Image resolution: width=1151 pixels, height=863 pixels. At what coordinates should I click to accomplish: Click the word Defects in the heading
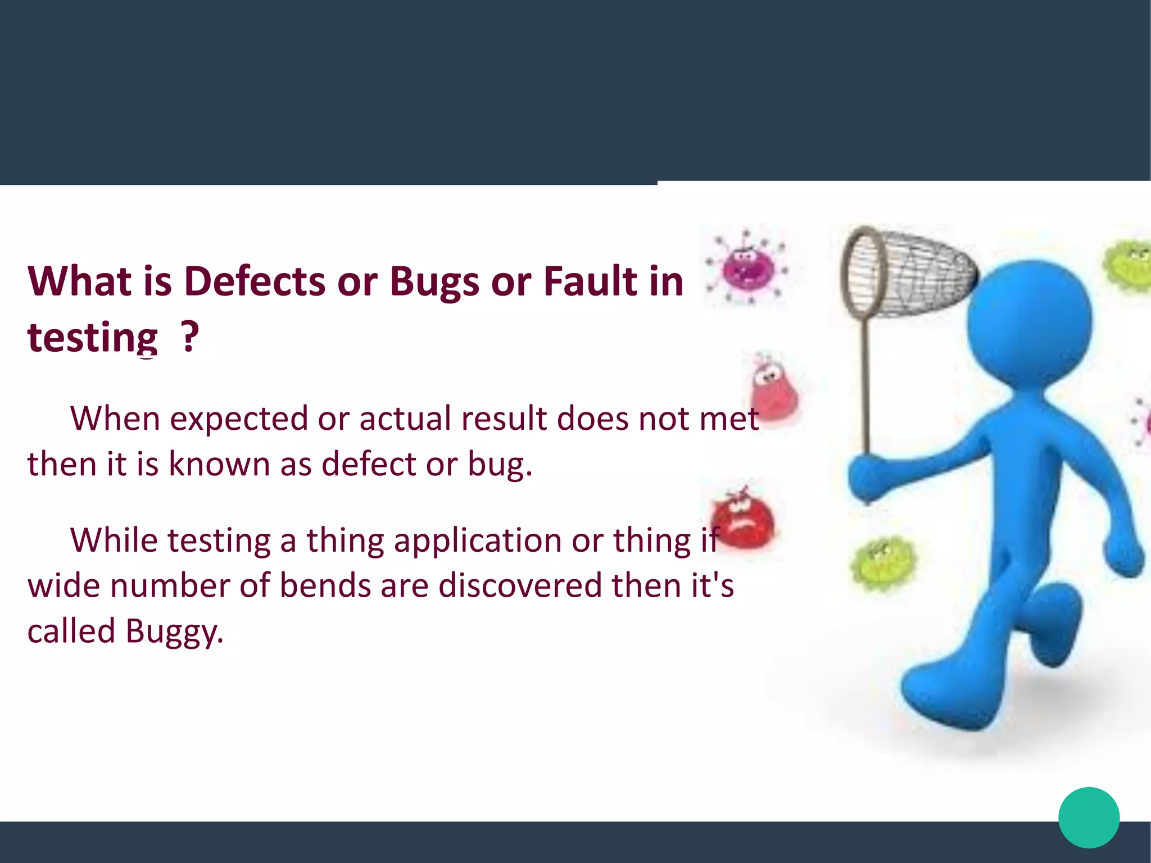click(x=255, y=281)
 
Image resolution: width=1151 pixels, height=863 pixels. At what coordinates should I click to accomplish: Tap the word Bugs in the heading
click(x=434, y=281)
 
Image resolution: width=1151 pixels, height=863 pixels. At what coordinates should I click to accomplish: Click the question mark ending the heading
click(x=191, y=337)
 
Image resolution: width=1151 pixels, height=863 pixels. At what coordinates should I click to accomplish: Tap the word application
click(x=477, y=540)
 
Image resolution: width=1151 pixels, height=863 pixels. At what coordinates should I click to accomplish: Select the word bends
click(x=325, y=586)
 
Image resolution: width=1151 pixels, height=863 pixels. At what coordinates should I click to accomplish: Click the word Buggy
click(x=174, y=632)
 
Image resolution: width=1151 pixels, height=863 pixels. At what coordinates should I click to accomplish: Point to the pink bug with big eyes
click(x=773, y=388)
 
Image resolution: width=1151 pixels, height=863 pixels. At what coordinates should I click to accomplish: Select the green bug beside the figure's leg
click(x=882, y=563)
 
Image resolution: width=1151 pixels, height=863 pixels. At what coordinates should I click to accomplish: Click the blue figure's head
click(x=1030, y=323)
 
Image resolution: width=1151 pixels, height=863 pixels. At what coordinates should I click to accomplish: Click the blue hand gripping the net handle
click(x=868, y=475)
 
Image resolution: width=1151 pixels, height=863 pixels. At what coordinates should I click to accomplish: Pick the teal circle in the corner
click(x=1089, y=817)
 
